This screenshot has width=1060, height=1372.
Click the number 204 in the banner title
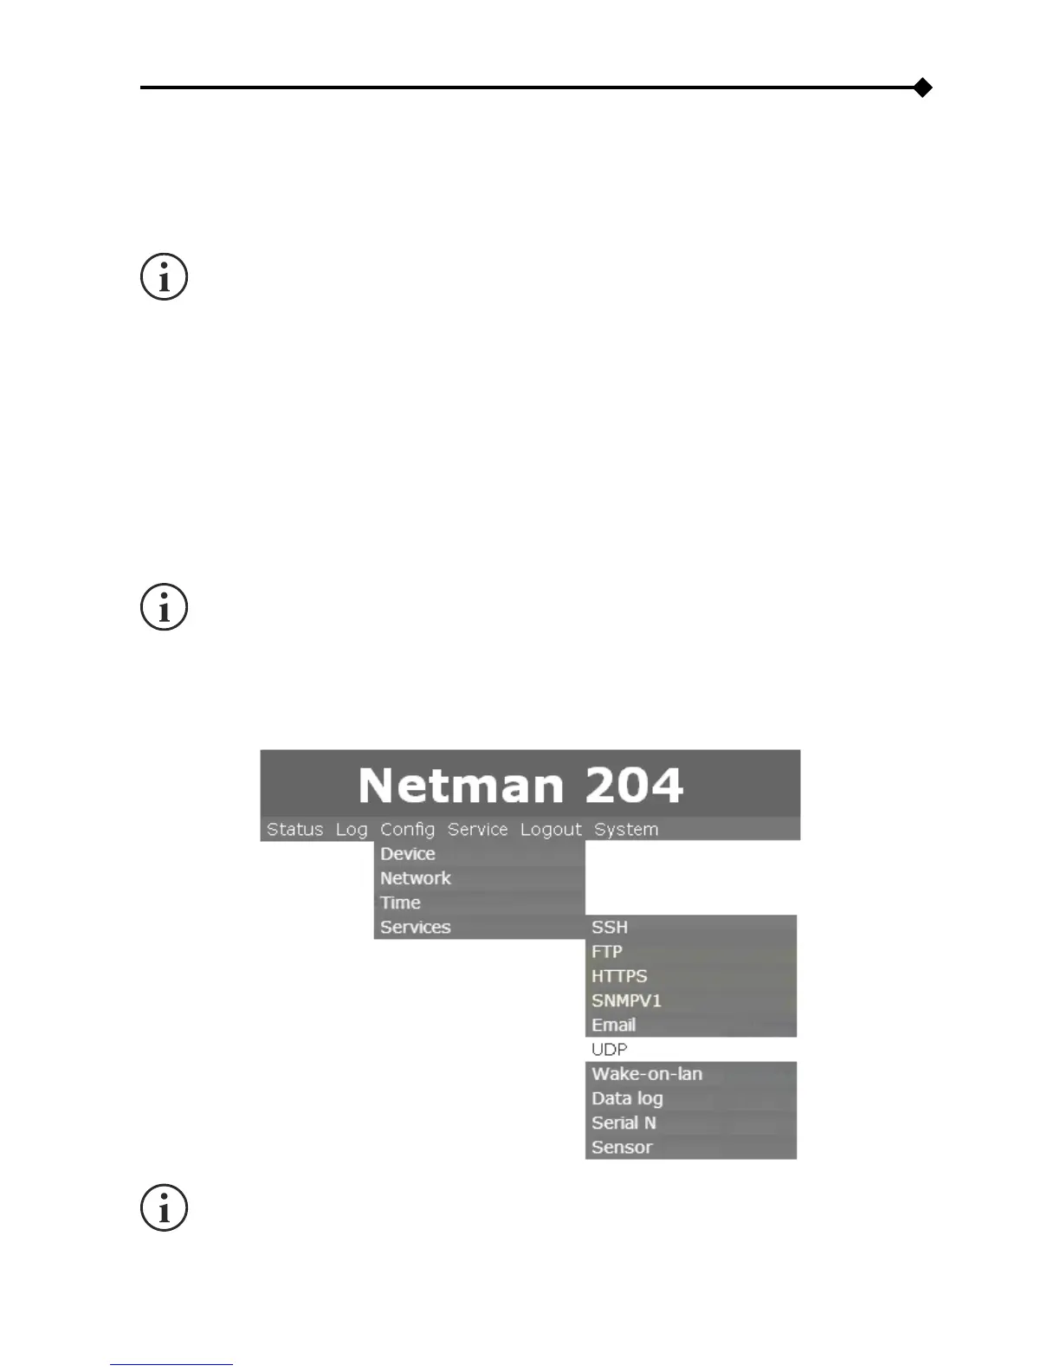[x=633, y=785]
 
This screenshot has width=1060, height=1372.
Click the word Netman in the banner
[x=461, y=785]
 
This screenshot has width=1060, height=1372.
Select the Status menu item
[x=294, y=829]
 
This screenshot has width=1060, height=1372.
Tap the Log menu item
[x=352, y=829]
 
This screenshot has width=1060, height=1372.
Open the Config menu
[x=407, y=829]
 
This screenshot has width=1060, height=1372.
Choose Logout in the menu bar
[x=551, y=829]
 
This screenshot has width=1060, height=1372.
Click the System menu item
[x=626, y=829]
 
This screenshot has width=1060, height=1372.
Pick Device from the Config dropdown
[x=408, y=853]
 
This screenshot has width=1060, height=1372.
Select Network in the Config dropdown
[x=416, y=877]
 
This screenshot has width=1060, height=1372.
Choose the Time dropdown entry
[x=400, y=902]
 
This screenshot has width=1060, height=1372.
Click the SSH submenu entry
[x=610, y=927]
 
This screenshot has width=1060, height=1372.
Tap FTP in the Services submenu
[x=607, y=951]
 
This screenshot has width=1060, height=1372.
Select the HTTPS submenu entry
[x=619, y=975]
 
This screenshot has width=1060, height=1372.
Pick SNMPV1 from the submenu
[x=626, y=1000]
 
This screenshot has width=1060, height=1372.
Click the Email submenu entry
[x=614, y=1025]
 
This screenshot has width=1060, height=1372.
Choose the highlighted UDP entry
[x=610, y=1049]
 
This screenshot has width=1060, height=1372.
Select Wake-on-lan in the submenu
[x=647, y=1073]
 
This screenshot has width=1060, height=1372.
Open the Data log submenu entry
[x=627, y=1098]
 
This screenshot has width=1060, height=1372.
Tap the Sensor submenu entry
[x=622, y=1147]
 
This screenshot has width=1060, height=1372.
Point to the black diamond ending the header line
[x=923, y=87]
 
